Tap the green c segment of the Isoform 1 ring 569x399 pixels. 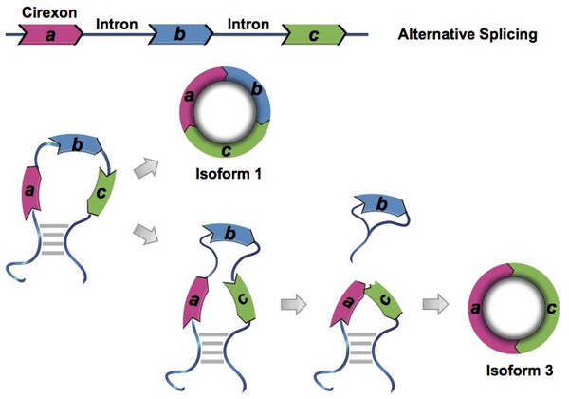point(227,150)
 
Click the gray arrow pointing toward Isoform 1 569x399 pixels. point(145,168)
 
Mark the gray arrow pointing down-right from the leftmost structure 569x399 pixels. point(145,232)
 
